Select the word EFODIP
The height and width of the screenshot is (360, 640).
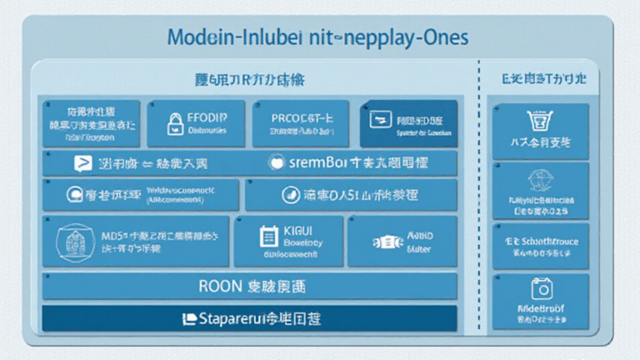[209, 117]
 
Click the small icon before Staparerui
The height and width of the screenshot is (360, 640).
[188, 318]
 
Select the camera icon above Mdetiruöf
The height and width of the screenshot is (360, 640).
[542, 289]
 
